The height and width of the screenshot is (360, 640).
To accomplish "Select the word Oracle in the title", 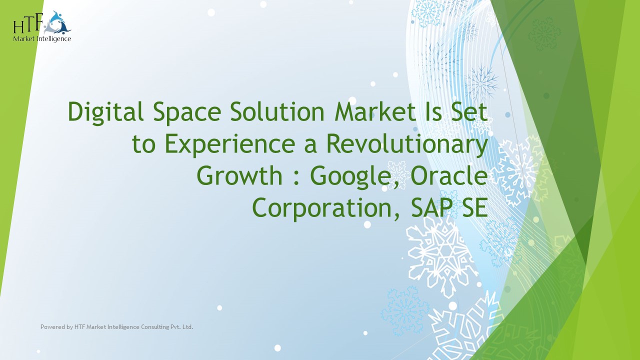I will coord(447,176).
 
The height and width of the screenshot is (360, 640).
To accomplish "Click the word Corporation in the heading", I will coord(326,208).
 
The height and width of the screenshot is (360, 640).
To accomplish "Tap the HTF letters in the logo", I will coord(29,25).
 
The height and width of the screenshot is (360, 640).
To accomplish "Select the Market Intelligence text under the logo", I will coord(42,38).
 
